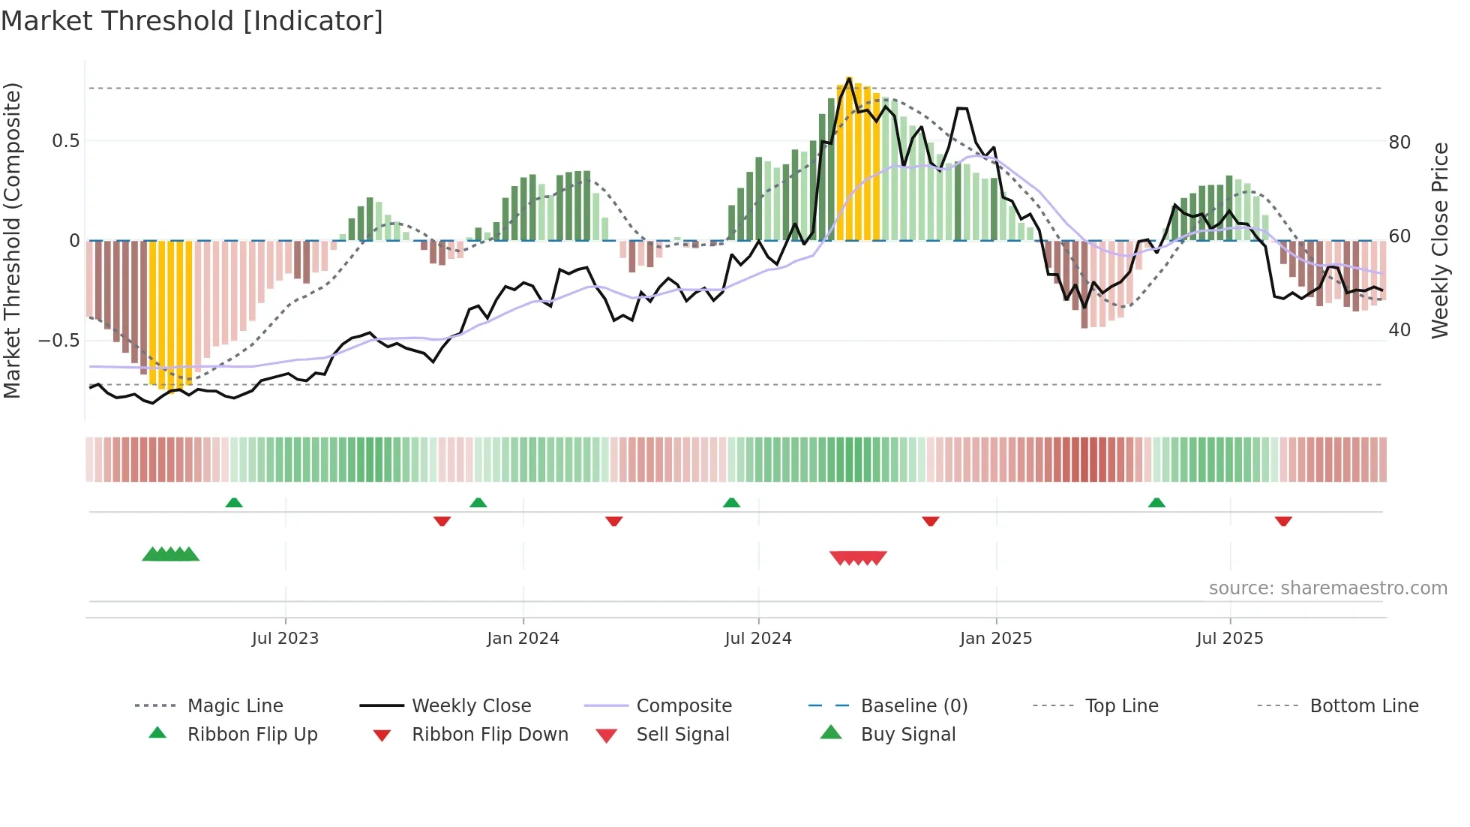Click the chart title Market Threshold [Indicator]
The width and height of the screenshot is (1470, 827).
(192, 21)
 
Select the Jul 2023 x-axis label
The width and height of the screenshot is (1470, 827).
(285, 639)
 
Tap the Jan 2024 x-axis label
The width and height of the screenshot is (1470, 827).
(523, 639)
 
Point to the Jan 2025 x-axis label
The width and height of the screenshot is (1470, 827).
(996, 639)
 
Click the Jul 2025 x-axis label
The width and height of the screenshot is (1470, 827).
(1230, 639)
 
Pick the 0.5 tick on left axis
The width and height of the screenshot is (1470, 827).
(65, 141)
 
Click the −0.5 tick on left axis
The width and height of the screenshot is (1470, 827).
(59, 341)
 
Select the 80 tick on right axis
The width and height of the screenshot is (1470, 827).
(1399, 143)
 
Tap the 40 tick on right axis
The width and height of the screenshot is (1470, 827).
(1399, 330)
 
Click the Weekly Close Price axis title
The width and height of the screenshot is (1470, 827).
(1439, 240)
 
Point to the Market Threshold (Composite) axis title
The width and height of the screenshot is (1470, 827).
(12, 240)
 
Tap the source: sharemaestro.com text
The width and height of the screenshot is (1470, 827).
(1327, 588)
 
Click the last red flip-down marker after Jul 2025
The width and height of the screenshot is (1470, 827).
(1283, 521)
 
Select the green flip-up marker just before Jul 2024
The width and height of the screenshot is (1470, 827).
(731, 503)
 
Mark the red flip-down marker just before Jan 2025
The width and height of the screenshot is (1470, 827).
(931, 521)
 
